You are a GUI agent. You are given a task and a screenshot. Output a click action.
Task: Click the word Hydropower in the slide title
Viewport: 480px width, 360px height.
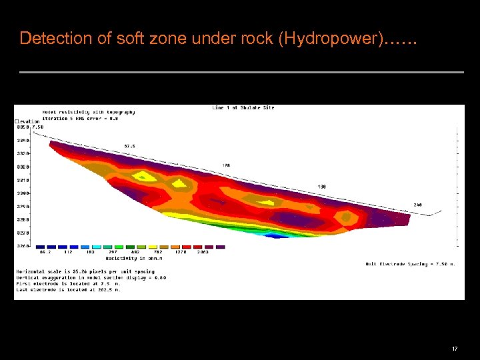330,38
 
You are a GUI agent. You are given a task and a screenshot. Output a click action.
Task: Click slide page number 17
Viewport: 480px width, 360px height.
455,349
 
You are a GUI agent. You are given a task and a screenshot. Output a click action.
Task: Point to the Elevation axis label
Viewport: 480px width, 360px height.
27,121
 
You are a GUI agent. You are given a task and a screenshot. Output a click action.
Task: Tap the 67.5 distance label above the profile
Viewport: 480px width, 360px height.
130,145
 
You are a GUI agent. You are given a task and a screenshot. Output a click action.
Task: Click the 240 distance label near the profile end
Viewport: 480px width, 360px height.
418,205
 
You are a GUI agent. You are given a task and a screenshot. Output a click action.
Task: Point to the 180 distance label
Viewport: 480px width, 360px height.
323,187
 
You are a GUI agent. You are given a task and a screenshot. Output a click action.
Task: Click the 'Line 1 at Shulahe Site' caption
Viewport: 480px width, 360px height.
243,108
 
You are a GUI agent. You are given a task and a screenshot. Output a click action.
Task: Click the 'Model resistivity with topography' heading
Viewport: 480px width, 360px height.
89,112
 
